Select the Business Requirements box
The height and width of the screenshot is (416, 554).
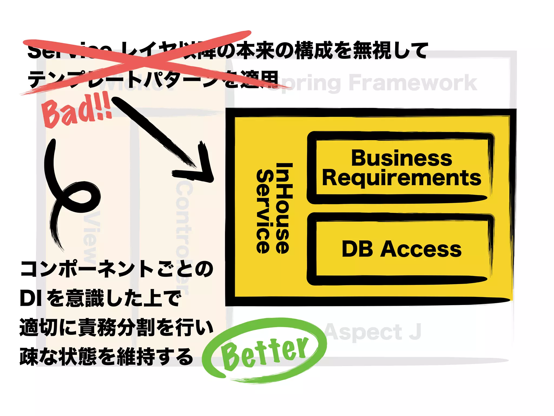click(x=401, y=168)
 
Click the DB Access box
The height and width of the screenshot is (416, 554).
click(x=401, y=249)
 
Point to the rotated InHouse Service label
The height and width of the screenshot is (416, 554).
click(x=274, y=208)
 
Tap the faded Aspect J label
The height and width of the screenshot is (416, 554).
click(x=373, y=331)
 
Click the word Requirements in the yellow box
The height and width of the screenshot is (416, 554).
click(x=401, y=178)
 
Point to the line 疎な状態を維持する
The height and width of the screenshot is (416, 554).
click(x=106, y=357)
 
